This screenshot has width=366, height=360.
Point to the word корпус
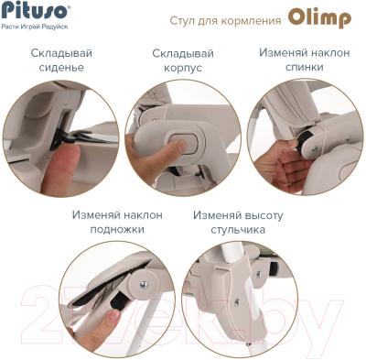click(182, 69)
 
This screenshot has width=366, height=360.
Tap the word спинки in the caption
click(303, 69)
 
